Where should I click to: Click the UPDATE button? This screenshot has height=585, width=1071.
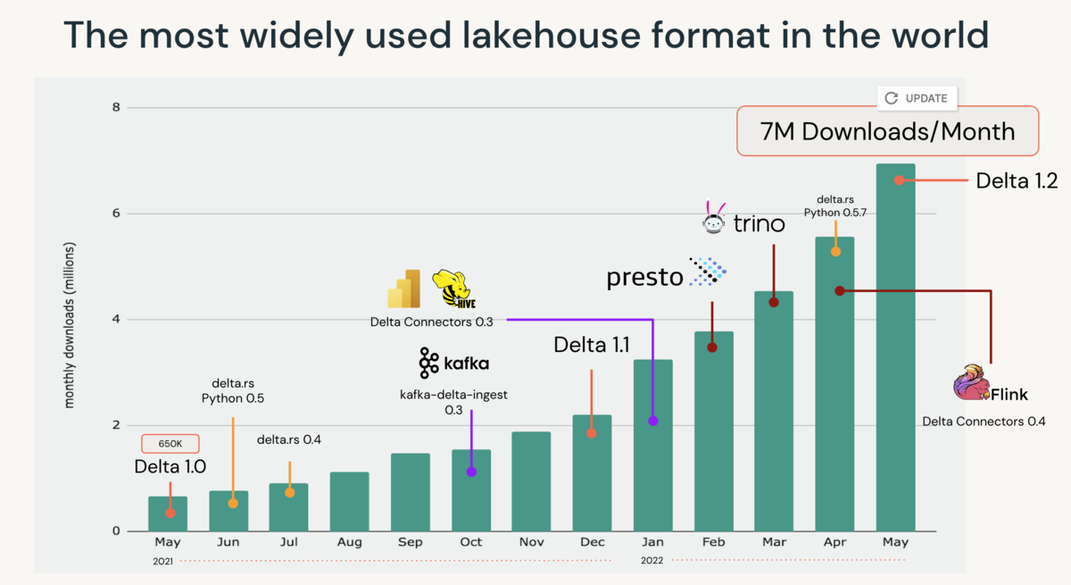(917, 98)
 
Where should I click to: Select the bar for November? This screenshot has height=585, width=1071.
(531, 481)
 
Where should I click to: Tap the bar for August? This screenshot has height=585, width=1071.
(349, 501)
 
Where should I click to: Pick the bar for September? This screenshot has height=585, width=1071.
(410, 492)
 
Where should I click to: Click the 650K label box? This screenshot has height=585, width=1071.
(170, 443)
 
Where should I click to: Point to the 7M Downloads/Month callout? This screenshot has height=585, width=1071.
(887, 132)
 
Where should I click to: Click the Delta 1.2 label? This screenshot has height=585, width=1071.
(1016, 180)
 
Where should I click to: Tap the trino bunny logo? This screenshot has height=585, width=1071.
(714, 217)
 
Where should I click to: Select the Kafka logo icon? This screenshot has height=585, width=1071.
(428, 363)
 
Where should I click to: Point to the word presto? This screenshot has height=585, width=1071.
(644, 277)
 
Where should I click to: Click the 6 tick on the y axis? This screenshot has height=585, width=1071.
(115, 213)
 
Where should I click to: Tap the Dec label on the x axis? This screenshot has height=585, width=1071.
(592, 542)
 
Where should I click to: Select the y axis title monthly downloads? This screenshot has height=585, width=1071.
(70, 325)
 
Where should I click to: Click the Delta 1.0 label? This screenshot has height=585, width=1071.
(170, 466)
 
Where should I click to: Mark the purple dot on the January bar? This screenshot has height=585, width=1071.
(653, 421)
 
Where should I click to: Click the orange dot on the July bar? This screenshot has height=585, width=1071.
(289, 492)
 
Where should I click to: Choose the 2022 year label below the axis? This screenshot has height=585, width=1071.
(652, 561)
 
